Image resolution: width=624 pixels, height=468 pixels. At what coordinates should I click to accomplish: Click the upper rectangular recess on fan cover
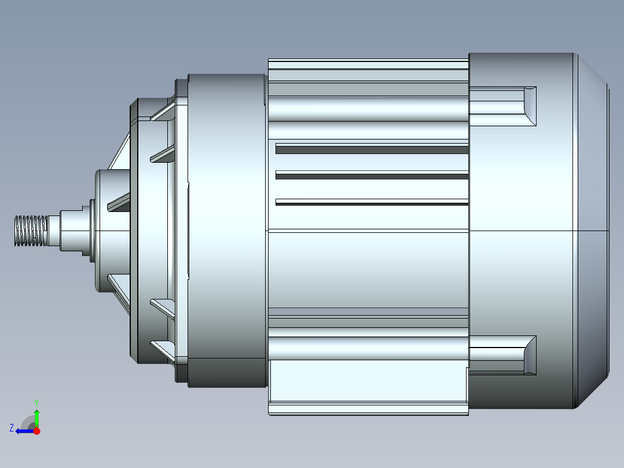click(502, 106)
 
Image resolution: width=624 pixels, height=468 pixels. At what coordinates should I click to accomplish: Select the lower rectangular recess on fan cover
click(502, 355)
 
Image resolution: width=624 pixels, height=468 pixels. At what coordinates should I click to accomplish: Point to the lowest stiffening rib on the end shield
click(163, 349)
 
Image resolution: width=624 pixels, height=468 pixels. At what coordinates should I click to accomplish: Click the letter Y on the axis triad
click(36, 401)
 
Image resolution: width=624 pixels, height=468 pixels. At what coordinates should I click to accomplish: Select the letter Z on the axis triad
click(12, 428)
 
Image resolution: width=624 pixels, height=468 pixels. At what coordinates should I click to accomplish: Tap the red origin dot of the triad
click(37, 431)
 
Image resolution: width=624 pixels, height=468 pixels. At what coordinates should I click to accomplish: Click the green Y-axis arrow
click(37, 418)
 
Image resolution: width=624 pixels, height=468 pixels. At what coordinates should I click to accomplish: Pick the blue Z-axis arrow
click(24, 431)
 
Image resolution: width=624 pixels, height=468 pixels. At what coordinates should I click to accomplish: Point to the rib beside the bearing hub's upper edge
click(119, 202)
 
